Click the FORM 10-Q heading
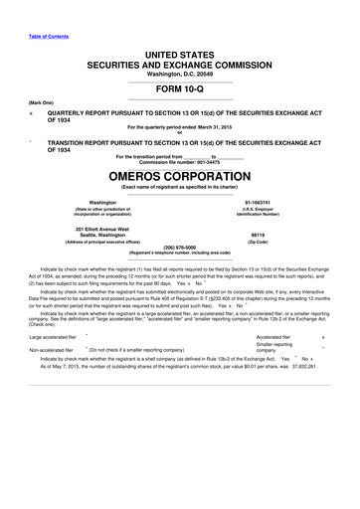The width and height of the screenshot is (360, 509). pos(180,89)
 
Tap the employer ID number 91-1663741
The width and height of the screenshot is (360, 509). pos(267,201)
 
